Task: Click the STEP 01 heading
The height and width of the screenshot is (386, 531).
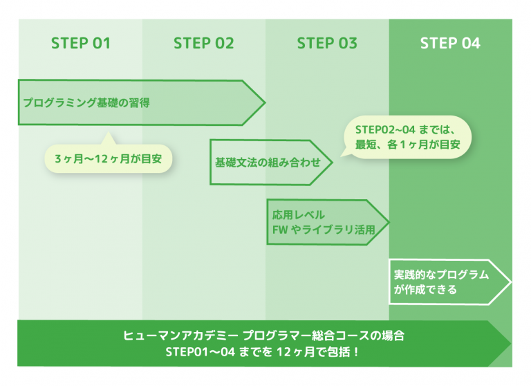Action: click(81, 44)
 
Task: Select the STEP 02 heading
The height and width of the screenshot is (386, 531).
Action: click(203, 44)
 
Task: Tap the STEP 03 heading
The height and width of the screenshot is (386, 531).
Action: click(327, 44)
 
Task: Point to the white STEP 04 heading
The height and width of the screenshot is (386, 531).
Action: click(450, 44)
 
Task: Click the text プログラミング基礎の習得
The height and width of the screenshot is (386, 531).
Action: click(86, 102)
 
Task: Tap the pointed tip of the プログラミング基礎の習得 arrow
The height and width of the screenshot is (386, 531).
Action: click(265, 102)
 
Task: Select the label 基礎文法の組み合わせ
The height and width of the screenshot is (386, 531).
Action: click(268, 163)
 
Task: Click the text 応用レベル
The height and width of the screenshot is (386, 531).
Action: click(299, 215)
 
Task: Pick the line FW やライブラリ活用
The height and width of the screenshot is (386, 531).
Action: click(324, 230)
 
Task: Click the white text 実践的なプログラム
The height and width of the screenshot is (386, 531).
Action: click(441, 275)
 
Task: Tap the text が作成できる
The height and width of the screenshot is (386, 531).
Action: click(425, 290)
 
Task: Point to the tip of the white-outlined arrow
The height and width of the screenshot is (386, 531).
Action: click(511, 282)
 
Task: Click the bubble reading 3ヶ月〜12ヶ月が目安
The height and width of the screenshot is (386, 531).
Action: click(109, 158)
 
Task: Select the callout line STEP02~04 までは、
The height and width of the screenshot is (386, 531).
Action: click(405, 129)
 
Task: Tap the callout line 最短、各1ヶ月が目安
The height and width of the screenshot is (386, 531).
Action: click(408, 145)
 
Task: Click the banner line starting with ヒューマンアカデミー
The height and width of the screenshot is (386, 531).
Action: click(264, 336)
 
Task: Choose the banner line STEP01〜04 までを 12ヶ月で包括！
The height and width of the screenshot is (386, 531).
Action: click(263, 352)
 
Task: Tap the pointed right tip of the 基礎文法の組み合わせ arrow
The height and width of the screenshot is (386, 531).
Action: click(332, 163)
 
